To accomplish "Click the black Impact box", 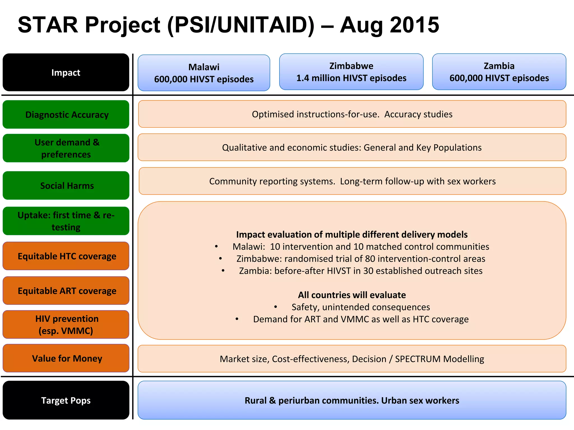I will (66, 73).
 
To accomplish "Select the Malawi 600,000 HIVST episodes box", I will (204, 73).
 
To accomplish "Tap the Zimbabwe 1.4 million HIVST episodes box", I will (351, 72).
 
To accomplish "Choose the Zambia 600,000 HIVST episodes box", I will (499, 72).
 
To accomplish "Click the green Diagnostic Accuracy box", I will (66, 114).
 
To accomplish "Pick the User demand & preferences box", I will (66, 148).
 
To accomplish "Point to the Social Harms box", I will (66, 185).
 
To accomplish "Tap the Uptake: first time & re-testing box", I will (66, 221).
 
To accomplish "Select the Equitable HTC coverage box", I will (66, 256).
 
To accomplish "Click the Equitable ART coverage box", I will (66, 291).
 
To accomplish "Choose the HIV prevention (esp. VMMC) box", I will (66, 324).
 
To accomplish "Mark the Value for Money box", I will (66, 358).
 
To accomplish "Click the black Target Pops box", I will (66, 400).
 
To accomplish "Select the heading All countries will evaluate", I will (352, 295).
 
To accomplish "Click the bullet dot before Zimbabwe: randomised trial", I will (221, 259).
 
